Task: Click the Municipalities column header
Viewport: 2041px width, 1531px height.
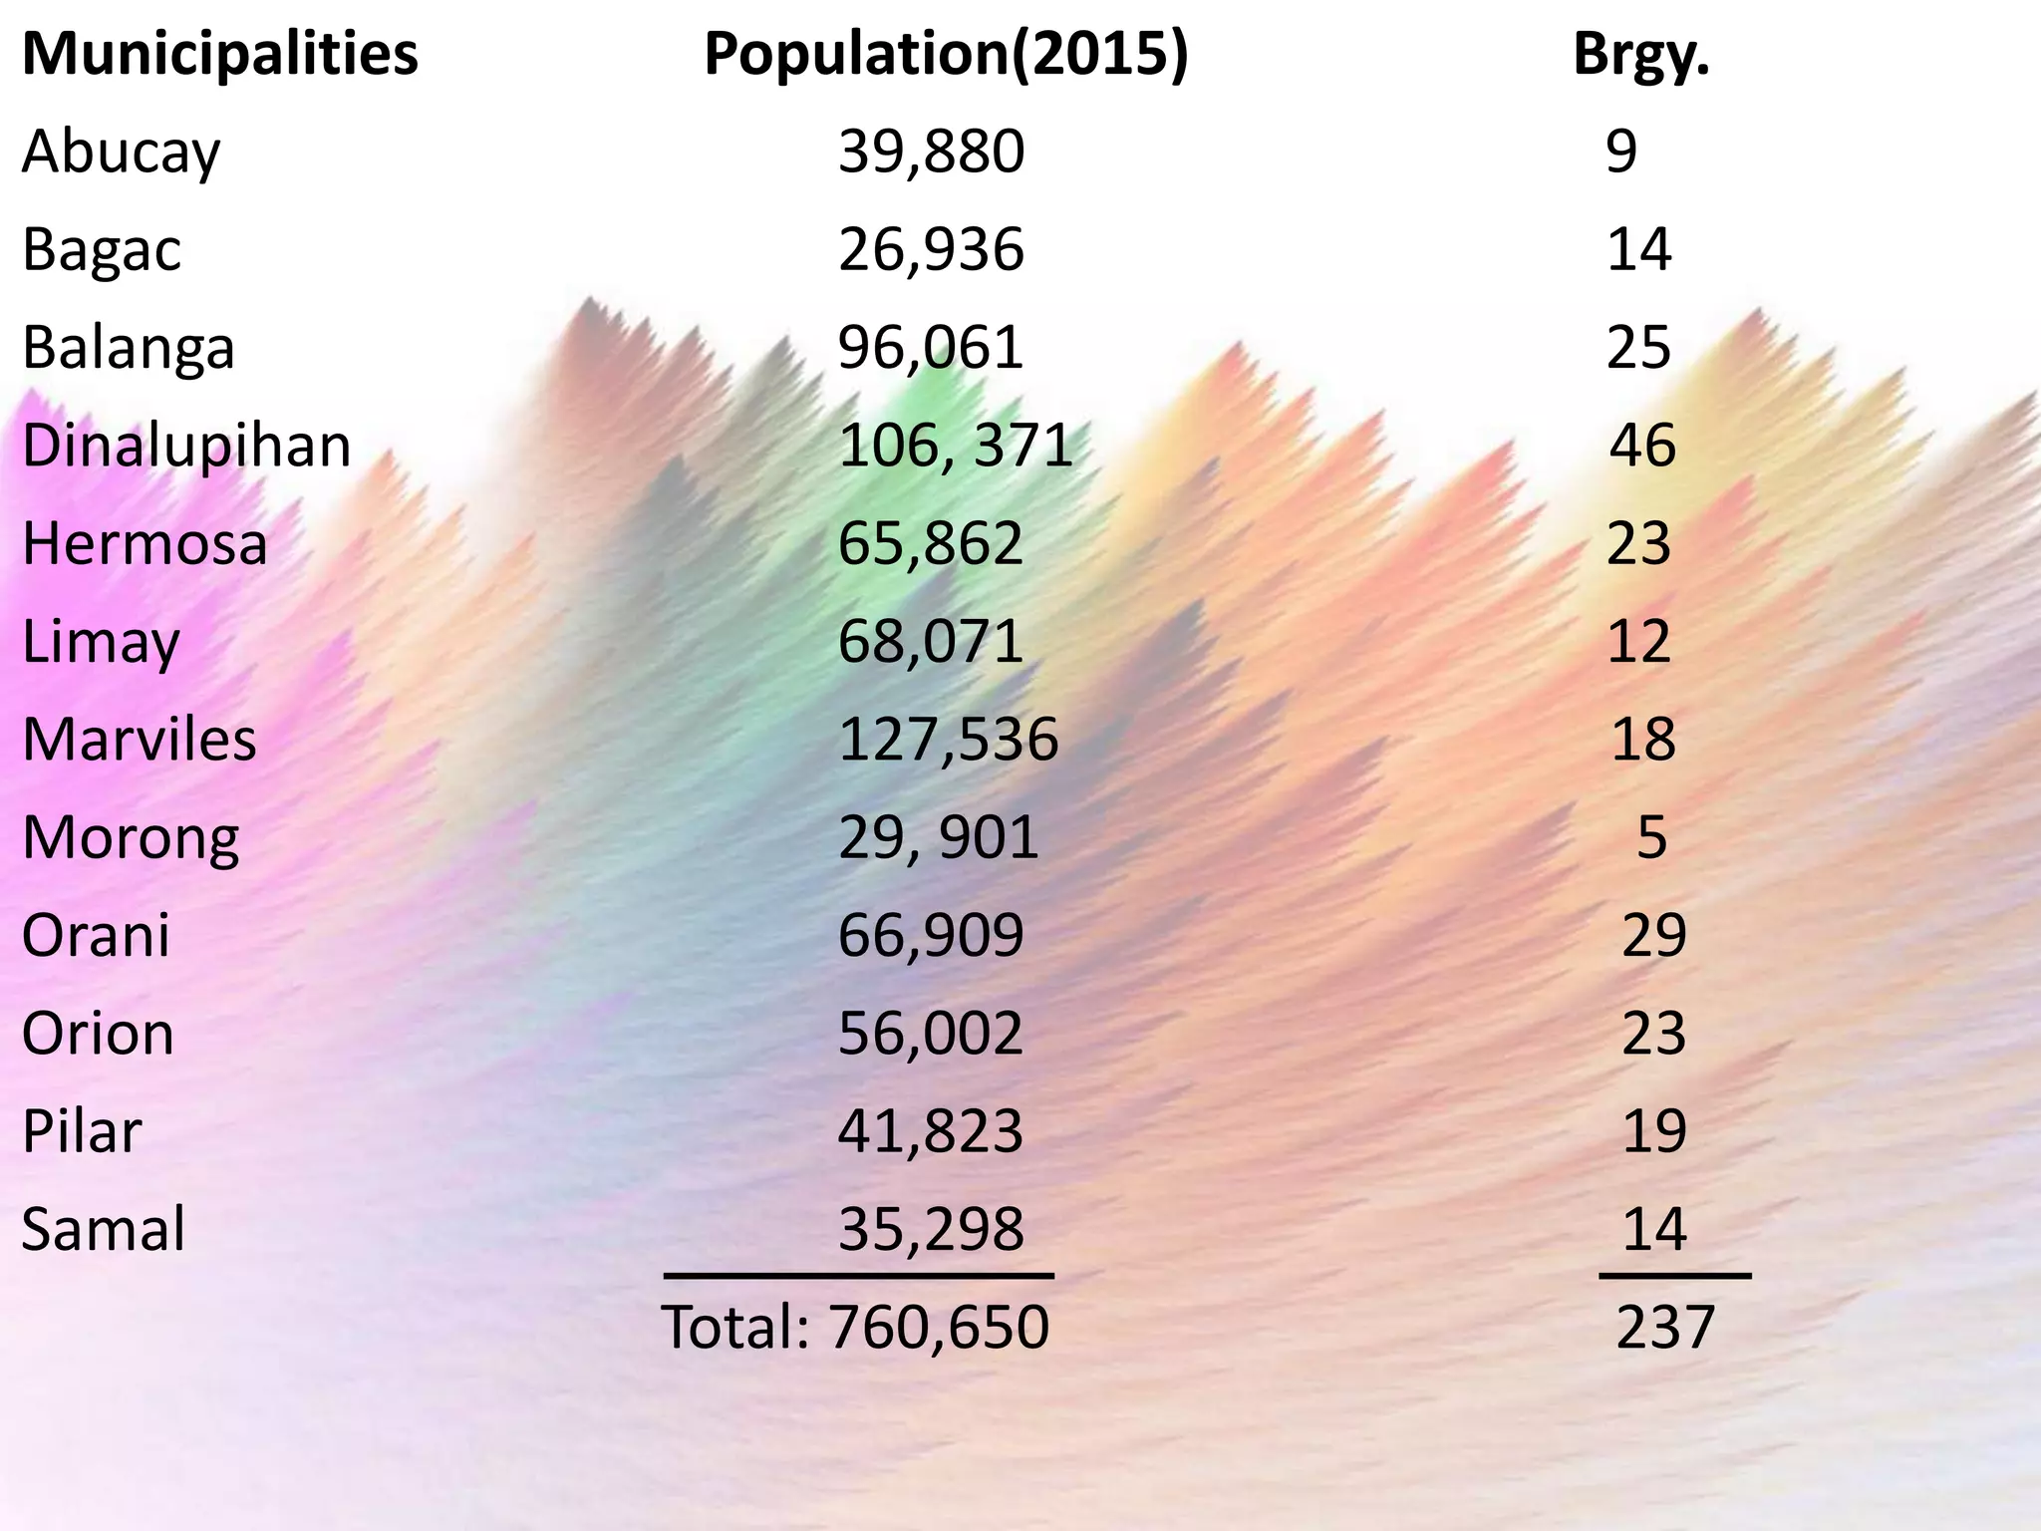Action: pyautogui.click(x=220, y=56)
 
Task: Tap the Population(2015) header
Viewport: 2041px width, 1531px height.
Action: pyautogui.click(x=946, y=56)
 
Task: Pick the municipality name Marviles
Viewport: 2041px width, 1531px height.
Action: pyautogui.click(x=140, y=740)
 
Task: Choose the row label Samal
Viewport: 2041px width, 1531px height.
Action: pyautogui.click(x=104, y=1229)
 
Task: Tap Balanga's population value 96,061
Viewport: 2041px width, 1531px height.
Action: pyautogui.click(x=931, y=349)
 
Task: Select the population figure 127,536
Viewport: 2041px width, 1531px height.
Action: pyautogui.click(x=948, y=740)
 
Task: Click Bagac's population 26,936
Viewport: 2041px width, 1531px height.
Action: pyautogui.click(x=931, y=250)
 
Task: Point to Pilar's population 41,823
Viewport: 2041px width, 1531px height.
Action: pyautogui.click(x=931, y=1131)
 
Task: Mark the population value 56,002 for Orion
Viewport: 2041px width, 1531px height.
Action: pyautogui.click(x=931, y=1034)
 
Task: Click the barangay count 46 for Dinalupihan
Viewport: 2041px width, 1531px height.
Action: pyautogui.click(x=1642, y=446)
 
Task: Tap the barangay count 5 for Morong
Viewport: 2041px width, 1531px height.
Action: pyautogui.click(x=1651, y=837)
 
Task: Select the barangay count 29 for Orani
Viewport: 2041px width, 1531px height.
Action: pyautogui.click(x=1653, y=935)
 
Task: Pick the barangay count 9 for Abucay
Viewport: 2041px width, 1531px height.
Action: pyautogui.click(x=1621, y=153)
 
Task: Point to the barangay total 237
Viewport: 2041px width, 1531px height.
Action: pyautogui.click(x=1664, y=1328)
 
